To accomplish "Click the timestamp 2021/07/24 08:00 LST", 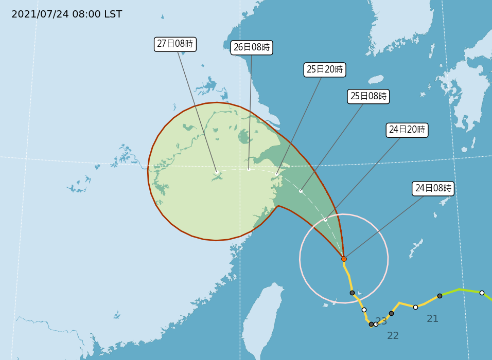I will pos(66,14).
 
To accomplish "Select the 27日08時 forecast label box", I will pos(175,44).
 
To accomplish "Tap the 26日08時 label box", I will pos(252,48).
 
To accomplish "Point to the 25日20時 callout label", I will pos(325,69).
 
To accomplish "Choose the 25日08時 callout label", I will pos(368,96).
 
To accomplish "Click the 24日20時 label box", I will pos(407,130).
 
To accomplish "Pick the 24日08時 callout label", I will pos(433,188).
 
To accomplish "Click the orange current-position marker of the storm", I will pos(344,259).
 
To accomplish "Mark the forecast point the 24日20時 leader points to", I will pos(325,220).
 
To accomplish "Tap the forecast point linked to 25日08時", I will pos(301,191).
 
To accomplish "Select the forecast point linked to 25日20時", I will pos(277,174).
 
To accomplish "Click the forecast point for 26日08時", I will pos(249,169).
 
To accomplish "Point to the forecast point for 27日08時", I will pos(217,172).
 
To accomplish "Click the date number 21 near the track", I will pos(432,319).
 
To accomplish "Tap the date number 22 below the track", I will pos(393,336).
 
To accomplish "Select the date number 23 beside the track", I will pos(381,321).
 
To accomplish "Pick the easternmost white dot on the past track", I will pos(482,293).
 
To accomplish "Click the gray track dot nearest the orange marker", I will pos(352,293).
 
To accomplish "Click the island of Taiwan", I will pos(262,319).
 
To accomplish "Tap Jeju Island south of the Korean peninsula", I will pos(376,80).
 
